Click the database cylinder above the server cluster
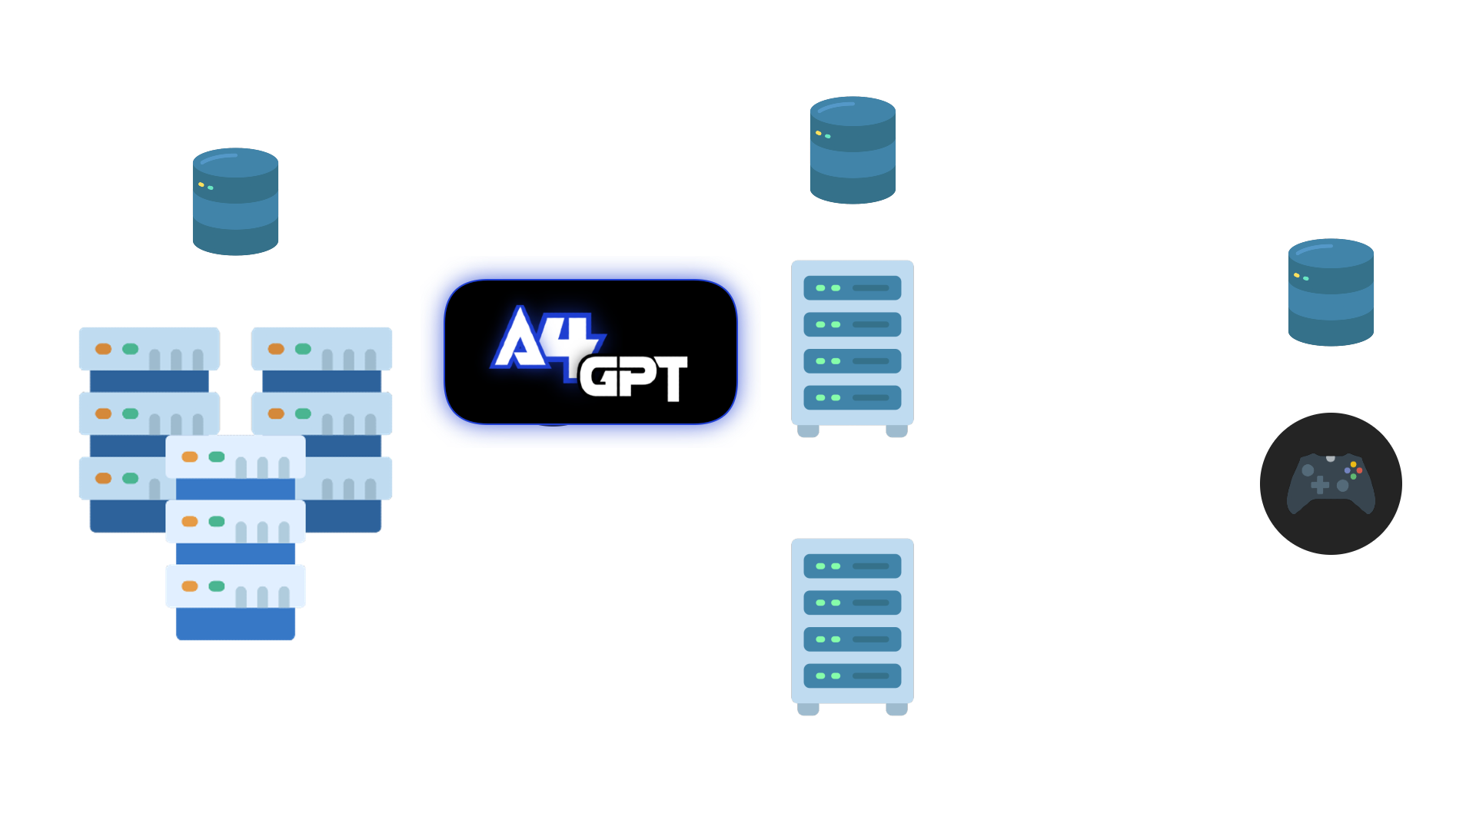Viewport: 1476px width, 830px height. [x=235, y=201]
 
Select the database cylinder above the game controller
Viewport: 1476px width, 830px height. [x=1331, y=292]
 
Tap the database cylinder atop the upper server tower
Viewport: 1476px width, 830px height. [x=853, y=150]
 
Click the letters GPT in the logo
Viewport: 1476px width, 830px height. [x=633, y=377]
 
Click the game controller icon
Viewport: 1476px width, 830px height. [x=1331, y=483]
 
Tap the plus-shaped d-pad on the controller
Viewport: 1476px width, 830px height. [x=1319, y=485]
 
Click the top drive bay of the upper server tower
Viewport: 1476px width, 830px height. [x=852, y=288]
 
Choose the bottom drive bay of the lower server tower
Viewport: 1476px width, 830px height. [x=852, y=676]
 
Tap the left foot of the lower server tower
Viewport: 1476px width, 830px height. [x=808, y=709]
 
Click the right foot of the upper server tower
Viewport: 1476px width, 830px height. [x=896, y=431]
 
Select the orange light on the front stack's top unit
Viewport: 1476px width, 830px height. [x=190, y=457]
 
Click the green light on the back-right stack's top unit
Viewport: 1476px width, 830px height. [x=303, y=349]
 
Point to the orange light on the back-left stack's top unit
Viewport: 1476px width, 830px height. [x=103, y=349]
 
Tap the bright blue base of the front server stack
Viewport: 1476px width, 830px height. [x=235, y=624]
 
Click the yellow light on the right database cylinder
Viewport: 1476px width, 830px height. [x=1296, y=275]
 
